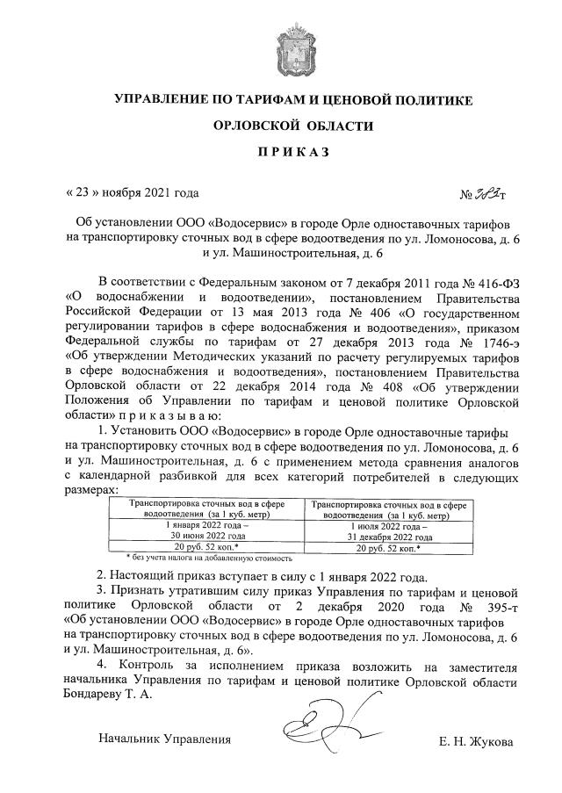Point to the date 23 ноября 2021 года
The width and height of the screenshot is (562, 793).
133,192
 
